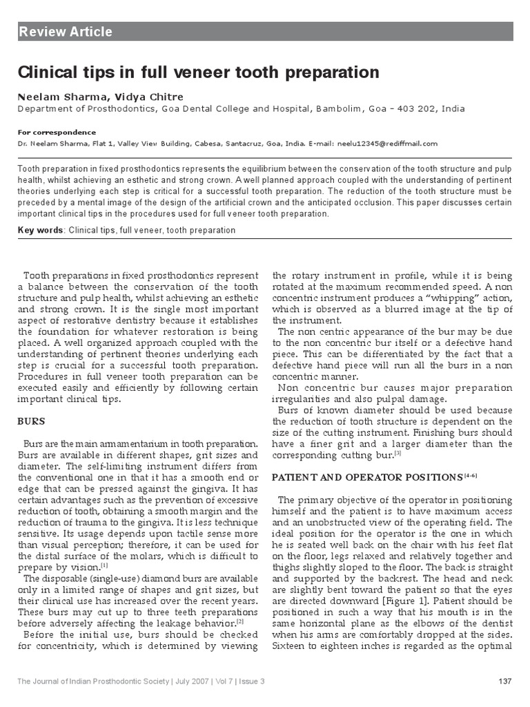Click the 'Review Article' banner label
pyautogui.click(x=66, y=32)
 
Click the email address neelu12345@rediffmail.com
pyautogui.click(x=389, y=144)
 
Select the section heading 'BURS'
pyautogui.click(x=30, y=419)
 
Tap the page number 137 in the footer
pyautogui.click(x=504, y=682)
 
